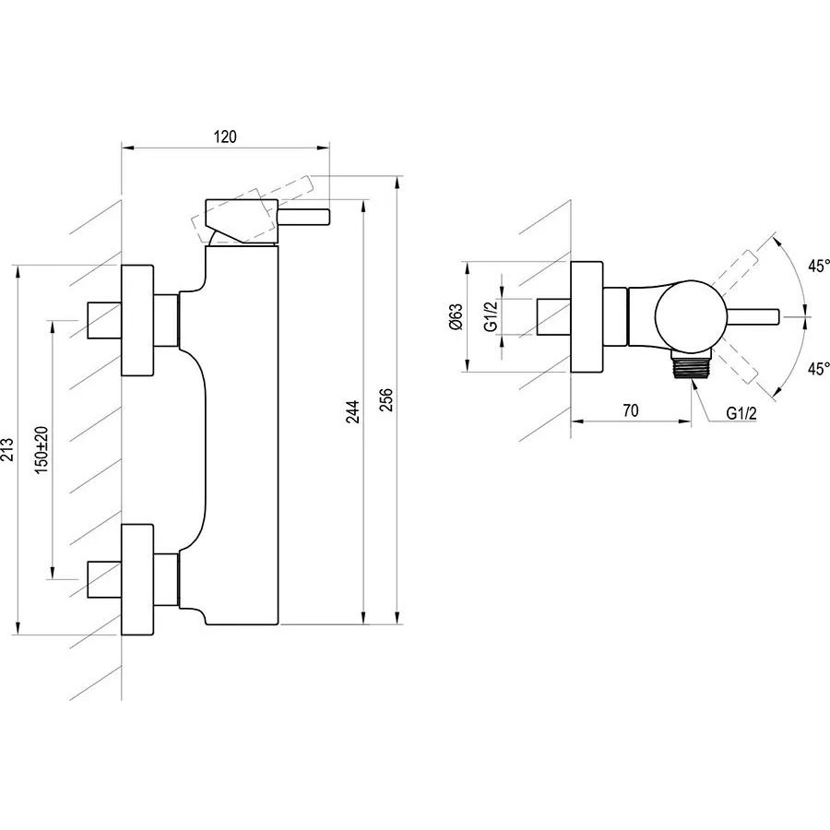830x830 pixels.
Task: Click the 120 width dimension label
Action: point(226,136)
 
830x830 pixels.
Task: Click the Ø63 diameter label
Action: point(455,316)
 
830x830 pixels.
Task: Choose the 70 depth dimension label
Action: point(631,411)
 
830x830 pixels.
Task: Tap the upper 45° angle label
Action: point(817,266)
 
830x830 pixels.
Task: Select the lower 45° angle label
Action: point(817,367)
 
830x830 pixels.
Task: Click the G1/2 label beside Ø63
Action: point(492,316)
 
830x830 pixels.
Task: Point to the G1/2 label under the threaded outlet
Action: point(741,412)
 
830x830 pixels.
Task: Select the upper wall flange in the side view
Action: point(137,320)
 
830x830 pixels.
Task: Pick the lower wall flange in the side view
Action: point(137,580)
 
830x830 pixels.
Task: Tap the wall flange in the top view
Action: point(587,316)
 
